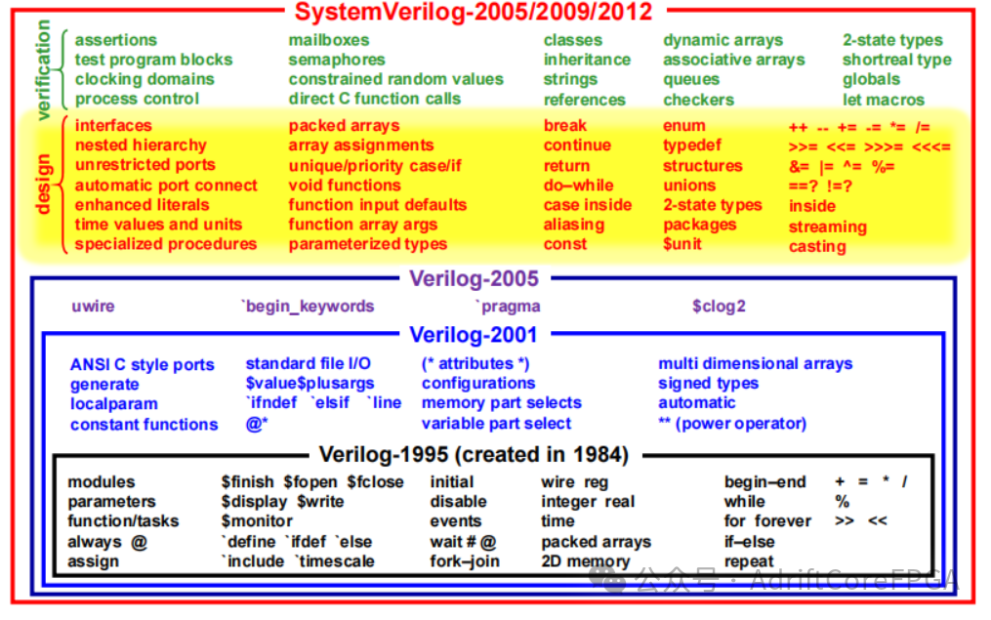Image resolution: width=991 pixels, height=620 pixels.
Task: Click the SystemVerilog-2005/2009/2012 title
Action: tap(474, 13)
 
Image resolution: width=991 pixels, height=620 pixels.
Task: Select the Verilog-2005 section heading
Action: tap(474, 279)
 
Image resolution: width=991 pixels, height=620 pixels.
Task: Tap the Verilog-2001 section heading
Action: tap(474, 335)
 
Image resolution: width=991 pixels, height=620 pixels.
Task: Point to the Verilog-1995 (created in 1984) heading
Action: tap(474, 455)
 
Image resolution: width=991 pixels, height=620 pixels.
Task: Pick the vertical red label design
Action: tap(43, 184)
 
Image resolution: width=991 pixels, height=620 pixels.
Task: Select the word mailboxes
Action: tap(329, 40)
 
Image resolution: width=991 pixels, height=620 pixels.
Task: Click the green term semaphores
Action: tap(337, 60)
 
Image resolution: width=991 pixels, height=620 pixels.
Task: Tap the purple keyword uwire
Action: tap(93, 307)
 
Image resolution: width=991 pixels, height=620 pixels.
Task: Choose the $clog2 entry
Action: tap(719, 307)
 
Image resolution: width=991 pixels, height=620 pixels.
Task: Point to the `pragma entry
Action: tap(507, 307)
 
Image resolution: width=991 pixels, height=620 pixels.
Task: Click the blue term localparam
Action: tap(113, 404)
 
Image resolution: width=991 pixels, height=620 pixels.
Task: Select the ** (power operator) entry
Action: tap(732, 424)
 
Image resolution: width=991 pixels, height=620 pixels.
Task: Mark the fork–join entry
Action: tap(465, 561)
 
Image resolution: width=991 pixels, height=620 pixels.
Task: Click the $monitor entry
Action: tap(257, 521)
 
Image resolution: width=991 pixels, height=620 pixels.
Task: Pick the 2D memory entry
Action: tap(586, 561)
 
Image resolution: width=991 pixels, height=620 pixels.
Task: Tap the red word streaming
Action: tap(828, 227)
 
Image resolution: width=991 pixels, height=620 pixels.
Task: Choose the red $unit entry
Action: tap(682, 244)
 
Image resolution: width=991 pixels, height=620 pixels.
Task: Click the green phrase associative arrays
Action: tap(734, 60)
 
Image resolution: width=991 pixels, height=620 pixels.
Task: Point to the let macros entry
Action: tap(884, 99)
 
